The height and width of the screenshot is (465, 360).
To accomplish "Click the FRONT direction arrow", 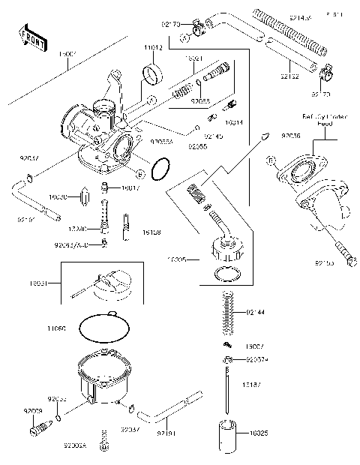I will pyautogui.click(x=28, y=35).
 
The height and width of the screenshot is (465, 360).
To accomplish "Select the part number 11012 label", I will pyautogui.click(x=152, y=47).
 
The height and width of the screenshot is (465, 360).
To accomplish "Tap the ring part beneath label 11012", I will pyautogui.click(x=153, y=74).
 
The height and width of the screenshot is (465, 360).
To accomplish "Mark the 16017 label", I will pyautogui.click(x=130, y=189).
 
